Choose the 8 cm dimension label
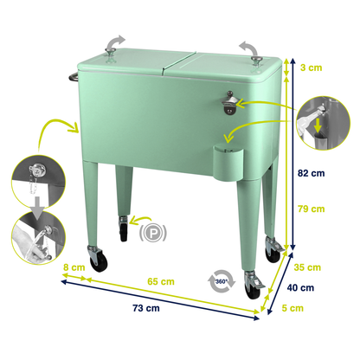(x=74, y=267)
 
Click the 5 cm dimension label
(x=293, y=307)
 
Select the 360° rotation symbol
(x=221, y=281)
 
